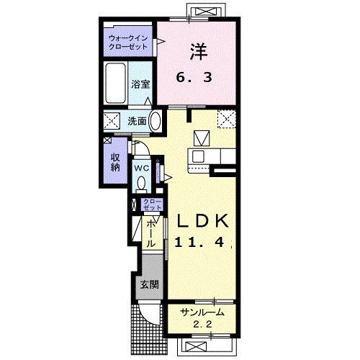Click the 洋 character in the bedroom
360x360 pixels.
click(199, 51)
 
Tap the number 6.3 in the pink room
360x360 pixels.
click(194, 78)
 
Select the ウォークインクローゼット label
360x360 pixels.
click(127, 42)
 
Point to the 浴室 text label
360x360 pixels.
click(140, 84)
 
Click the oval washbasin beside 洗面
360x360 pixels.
click(155, 121)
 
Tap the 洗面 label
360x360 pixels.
click(137, 121)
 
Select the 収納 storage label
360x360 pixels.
click(115, 162)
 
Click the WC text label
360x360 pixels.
click(141, 168)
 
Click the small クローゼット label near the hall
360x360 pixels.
click(153, 204)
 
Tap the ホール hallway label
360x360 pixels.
click(150, 234)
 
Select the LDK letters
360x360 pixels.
click(202, 221)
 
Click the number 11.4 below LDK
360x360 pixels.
click(199, 243)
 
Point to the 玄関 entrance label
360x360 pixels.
click(149, 284)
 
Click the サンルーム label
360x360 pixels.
click(202, 312)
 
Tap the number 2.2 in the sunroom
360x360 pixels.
click(202, 325)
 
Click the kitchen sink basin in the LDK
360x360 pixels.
click(198, 157)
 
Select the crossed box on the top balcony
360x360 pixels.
click(206, 12)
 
